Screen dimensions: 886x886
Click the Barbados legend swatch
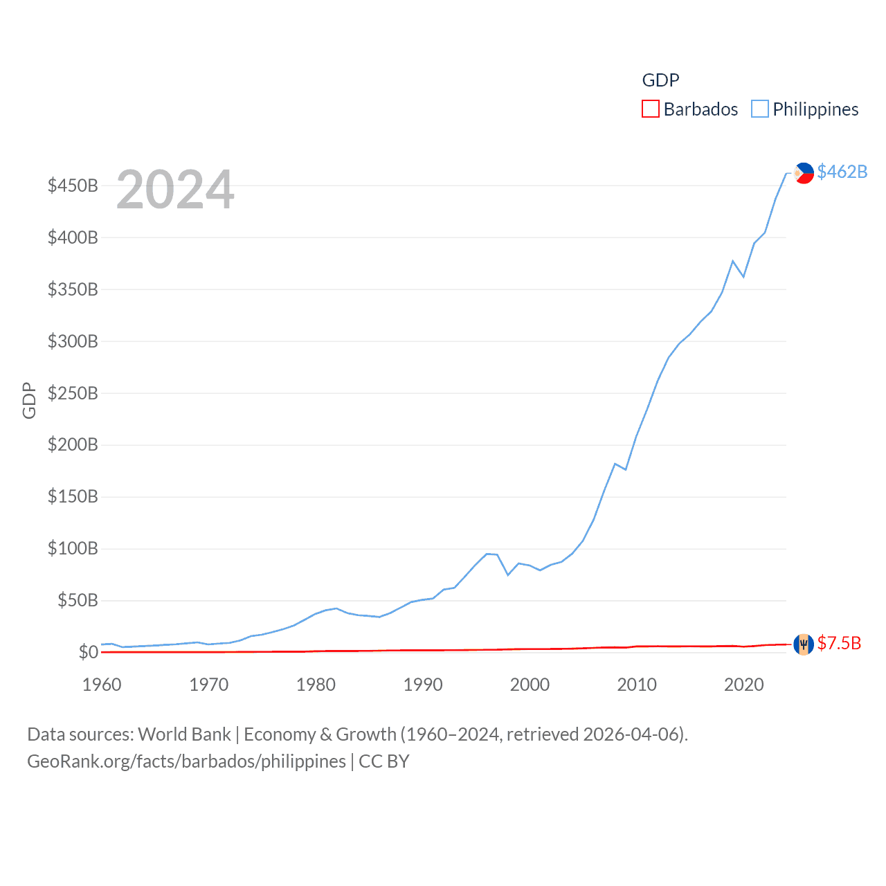coord(651,109)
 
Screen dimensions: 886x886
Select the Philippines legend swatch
coord(760,109)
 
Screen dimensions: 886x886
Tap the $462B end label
coord(842,172)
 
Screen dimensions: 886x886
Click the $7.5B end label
coord(839,643)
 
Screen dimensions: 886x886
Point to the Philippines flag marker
coord(804,172)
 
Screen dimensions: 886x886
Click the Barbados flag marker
coord(803,644)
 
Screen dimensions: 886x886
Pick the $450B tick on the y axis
coord(73,186)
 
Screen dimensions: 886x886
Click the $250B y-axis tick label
coord(73,393)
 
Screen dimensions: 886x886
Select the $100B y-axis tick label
coord(73,549)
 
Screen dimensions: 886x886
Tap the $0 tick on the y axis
coord(89,652)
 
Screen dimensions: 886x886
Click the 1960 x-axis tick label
coord(102,685)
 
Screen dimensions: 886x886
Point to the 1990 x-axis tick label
coord(423,685)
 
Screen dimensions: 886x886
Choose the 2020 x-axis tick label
coord(744,685)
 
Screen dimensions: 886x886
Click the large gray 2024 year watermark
coord(175,190)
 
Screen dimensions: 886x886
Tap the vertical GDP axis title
coord(29,400)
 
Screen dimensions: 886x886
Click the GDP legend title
coord(660,80)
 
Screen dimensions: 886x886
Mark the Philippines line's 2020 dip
coord(743,277)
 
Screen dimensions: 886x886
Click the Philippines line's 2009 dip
coord(626,469)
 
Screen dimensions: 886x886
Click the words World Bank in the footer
coord(185,734)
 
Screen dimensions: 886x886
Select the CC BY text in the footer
coord(384,761)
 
